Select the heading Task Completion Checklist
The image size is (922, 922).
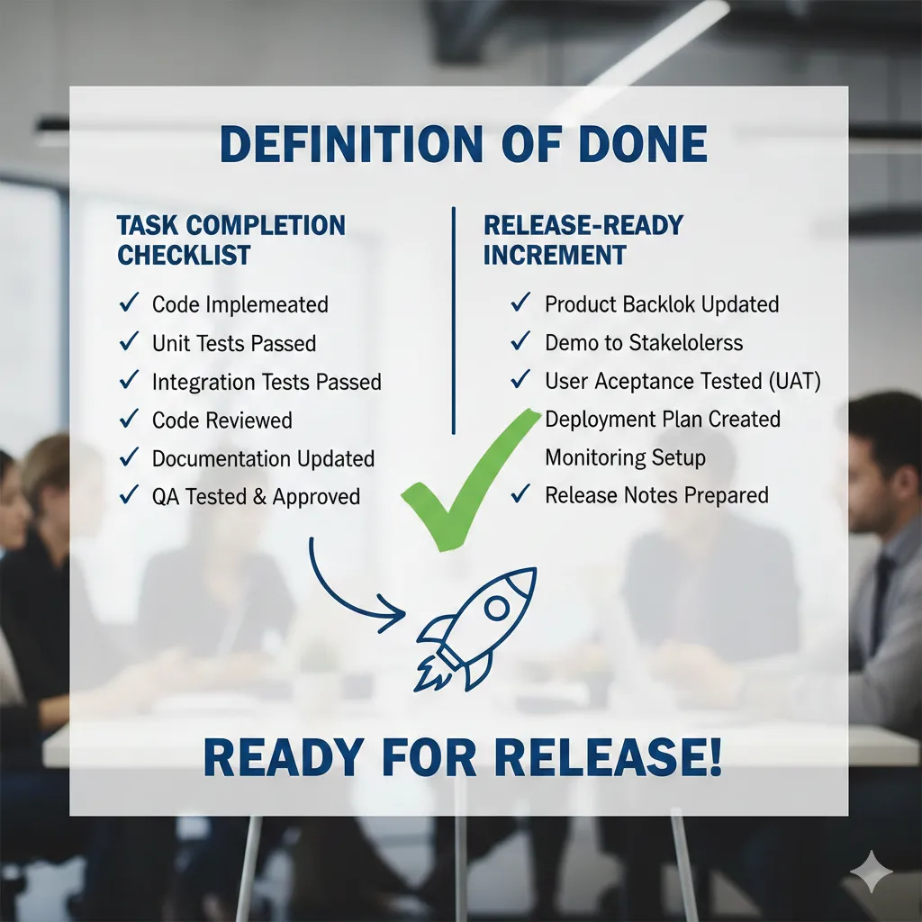pos(231,240)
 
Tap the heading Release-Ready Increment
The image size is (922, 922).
pos(582,240)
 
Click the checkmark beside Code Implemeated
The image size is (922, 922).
pos(128,304)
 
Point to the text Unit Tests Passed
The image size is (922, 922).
pos(234,343)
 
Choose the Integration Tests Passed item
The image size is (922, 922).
pos(267,382)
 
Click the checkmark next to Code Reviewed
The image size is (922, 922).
pos(128,420)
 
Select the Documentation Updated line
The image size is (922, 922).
pos(263,458)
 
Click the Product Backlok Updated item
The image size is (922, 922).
pos(662,304)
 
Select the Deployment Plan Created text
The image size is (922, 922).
pos(663,420)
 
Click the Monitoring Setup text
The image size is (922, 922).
pos(625,457)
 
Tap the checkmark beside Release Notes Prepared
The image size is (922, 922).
pos(520,495)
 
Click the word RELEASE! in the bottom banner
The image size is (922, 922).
pos(608,759)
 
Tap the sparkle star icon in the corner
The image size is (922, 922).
pos(872,871)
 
